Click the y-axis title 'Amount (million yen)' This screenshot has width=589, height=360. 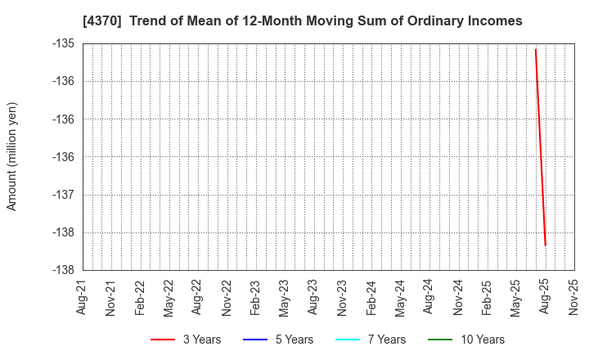pyautogui.click(x=12, y=156)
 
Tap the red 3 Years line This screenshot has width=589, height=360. pyautogui.click(x=540, y=147)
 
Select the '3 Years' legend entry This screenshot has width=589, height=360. pyautogui.click(x=186, y=340)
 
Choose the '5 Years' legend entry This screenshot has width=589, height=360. pyautogui.click(x=278, y=340)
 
